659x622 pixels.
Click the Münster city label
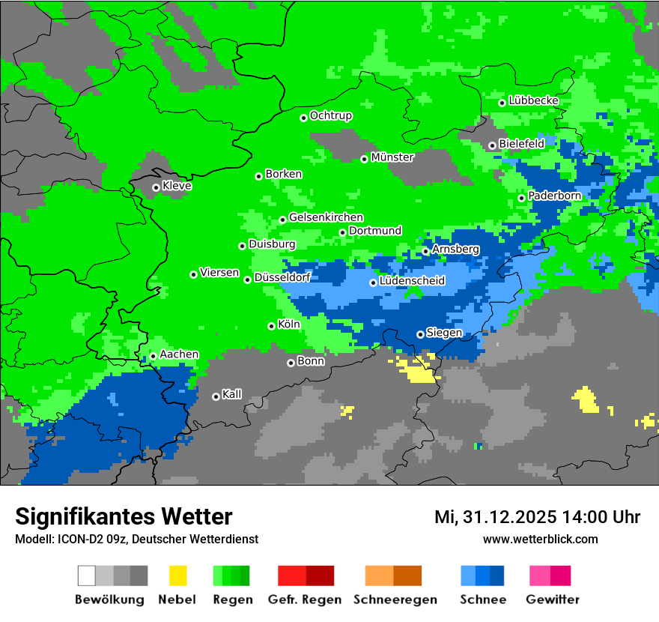pos(392,157)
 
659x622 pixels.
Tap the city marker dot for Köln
pos(272,326)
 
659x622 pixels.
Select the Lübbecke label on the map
pos(533,100)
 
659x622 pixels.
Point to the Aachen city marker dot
pos(153,357)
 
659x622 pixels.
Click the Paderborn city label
pos(554,196)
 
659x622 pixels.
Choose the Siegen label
pos(444,333)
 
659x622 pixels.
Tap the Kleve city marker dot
pos(157,188)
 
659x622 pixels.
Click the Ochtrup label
pos(330,115)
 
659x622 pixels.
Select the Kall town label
pos(231,394)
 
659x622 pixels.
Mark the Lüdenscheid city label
pos(412,281)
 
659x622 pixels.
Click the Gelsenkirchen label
pos(326,217)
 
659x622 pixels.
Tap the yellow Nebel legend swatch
pos(177,576)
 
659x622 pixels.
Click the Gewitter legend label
pos(552,600)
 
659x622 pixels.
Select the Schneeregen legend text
pos(395,600)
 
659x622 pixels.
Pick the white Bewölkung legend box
pos(87,576)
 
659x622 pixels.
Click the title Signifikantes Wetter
pos(124,517)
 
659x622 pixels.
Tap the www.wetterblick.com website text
pos(540,540)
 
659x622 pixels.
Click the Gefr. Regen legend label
pos(305,600)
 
